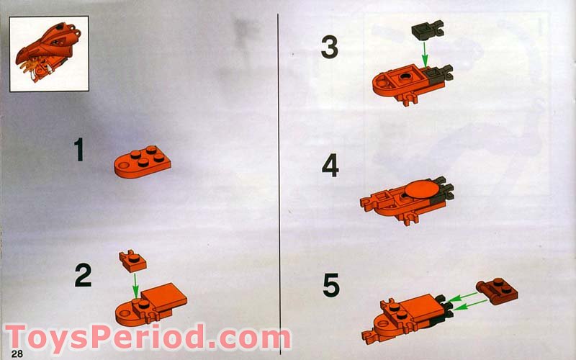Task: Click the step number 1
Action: click(78, 150)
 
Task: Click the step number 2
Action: click(83, 276)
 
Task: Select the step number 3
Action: click(329, 48)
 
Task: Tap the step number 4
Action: click(330, 166)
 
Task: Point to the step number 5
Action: click(330, 286)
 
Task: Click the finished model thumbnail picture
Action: click(48, 54)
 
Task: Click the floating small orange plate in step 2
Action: click(132, 261)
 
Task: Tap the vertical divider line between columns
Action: click(279, 180)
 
